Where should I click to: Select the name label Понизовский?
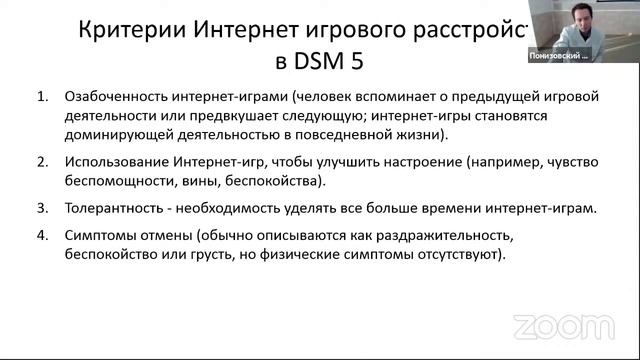[560, 57]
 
